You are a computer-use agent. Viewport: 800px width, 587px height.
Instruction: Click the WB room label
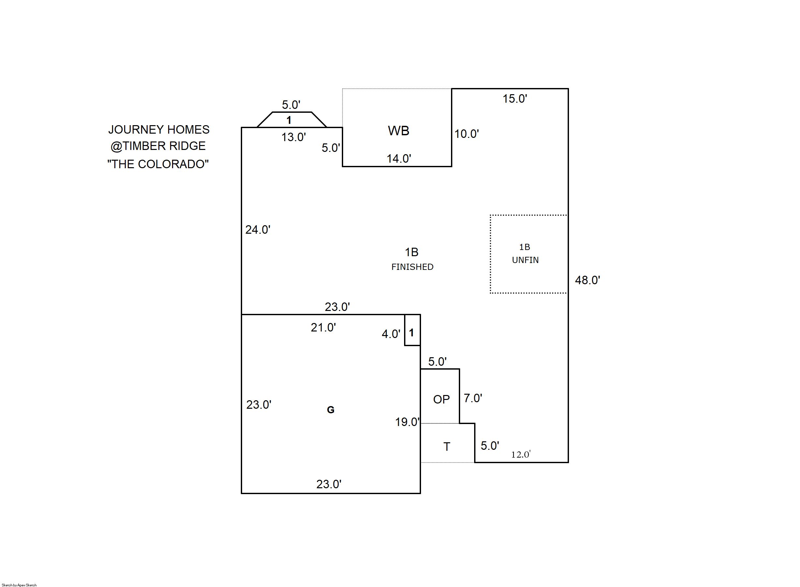coord(398,131)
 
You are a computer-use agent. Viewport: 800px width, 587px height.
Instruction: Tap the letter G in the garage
coord(330,410)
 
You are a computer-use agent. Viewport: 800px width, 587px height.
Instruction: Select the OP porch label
coord(441,399)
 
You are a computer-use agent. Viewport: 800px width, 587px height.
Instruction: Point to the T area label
coord(446,447)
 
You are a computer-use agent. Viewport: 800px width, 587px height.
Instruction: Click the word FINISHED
coord(412,267)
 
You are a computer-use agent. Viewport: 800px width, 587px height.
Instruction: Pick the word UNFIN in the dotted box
coord(525,260)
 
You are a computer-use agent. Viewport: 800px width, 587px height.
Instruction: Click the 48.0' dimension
coord(587,280)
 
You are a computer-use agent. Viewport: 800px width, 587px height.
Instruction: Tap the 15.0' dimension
coord(515,99)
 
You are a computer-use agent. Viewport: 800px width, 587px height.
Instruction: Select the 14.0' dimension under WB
coord(399,158)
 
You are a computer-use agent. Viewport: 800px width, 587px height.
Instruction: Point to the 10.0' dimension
coord(466,134)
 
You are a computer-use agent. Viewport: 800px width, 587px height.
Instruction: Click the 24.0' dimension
coord(257,230)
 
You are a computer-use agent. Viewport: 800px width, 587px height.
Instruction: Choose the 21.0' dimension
coord(323,328)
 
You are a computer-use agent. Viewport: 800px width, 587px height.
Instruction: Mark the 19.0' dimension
coord(407,422)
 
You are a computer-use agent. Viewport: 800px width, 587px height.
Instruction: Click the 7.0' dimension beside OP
coord(473,398)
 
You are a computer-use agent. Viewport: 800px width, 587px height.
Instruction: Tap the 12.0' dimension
coord(520,454)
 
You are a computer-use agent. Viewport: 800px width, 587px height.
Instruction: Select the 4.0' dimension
coord(391,334)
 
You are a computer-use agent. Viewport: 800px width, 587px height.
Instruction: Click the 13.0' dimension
coord(293,137)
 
